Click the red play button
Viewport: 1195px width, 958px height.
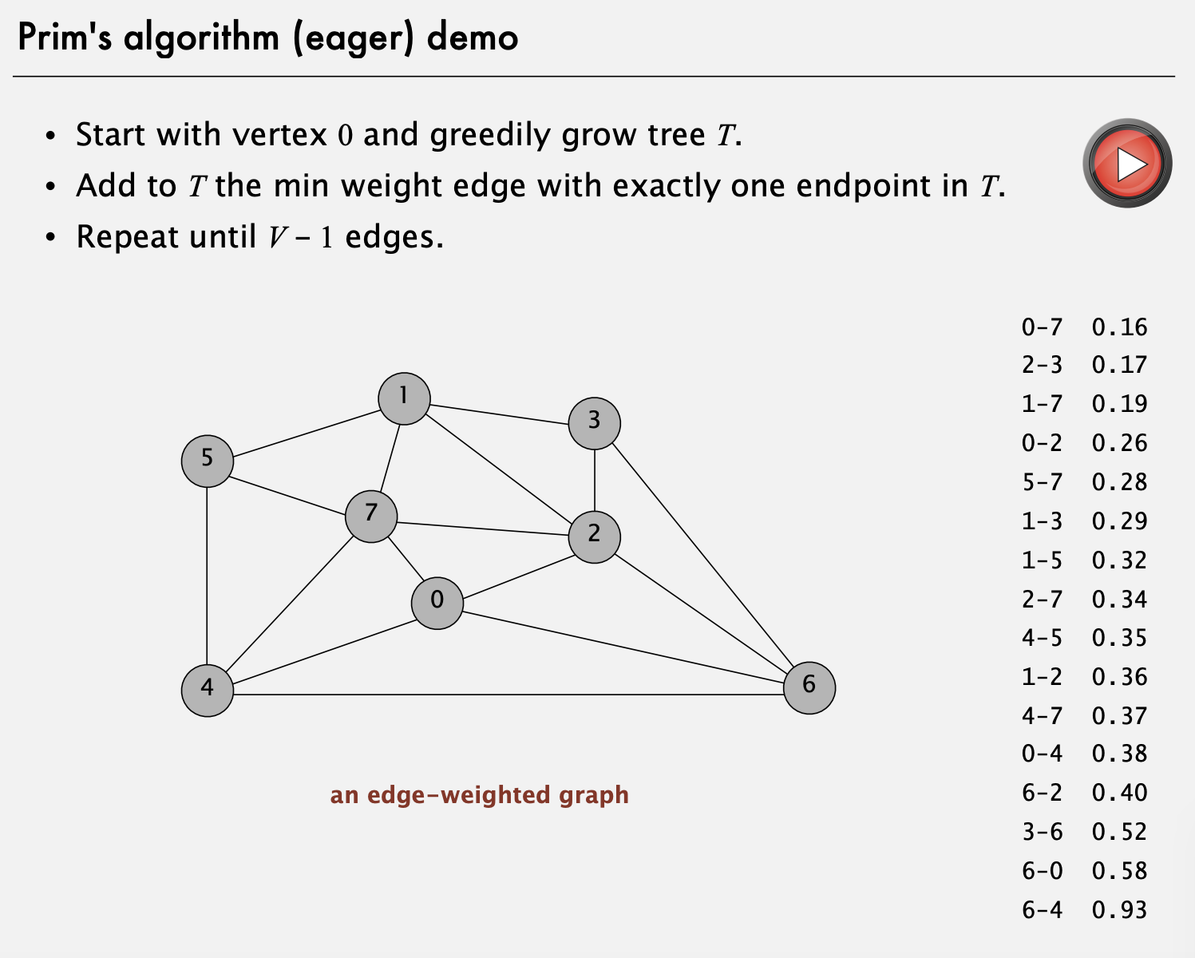pos(1127,164)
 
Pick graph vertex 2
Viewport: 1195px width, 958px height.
pos(594,536)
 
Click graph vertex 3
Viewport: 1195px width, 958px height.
pos(594,423)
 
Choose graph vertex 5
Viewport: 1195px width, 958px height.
pos(208,461)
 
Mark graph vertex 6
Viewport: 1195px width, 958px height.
pos(809,687)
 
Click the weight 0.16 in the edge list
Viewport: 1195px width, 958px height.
pos(1119,327)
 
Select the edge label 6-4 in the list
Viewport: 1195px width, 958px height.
pos(1042,909)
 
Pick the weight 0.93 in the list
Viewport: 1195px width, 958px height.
pos(1119,909)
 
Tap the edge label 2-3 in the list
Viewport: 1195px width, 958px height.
pos(1042,366)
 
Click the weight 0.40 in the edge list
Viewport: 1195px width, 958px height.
pos(1119,793)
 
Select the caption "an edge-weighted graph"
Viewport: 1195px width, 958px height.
pos(479,795)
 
